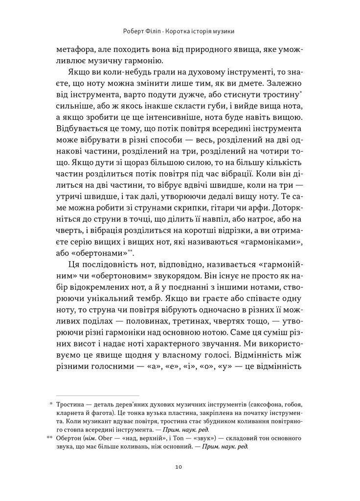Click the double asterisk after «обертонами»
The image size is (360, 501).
[x=130, y=250]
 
